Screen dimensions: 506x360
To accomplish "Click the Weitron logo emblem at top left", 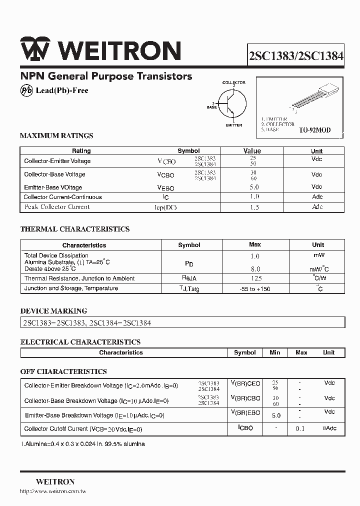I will click(x=35, y=50).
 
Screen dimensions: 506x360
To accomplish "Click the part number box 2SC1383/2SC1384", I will click(x=296, y=56).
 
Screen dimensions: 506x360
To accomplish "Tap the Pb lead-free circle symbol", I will click(x=26, y=90).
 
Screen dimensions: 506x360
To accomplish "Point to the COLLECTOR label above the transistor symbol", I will click(x=233, y=82).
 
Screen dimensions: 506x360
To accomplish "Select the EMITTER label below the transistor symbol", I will click(x=233, y=125).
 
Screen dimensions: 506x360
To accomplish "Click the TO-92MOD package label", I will click(x=314, y=130).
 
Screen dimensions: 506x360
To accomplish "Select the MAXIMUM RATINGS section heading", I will click(x=56, y=135).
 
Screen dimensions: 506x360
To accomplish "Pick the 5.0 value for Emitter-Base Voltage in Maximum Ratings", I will click(x=254, y=187).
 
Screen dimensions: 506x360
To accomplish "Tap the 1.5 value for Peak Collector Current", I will click(x=254, y=207).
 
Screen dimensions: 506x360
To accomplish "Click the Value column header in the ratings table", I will click(x=252, y=150).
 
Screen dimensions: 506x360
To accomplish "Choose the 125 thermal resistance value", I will click(x=255, y=278).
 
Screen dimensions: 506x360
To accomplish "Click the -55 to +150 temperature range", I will click(x=255, y=289).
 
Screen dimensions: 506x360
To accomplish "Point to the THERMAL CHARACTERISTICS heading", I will click(x=74, y=229).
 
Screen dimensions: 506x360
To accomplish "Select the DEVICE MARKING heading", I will click(x=53, y=310).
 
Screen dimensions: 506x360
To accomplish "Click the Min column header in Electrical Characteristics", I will click(x=275, y=352).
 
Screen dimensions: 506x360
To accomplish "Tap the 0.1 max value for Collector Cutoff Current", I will click(x=300, y=429).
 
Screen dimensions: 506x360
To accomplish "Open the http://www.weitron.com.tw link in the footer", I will click(x=53, y=492).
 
